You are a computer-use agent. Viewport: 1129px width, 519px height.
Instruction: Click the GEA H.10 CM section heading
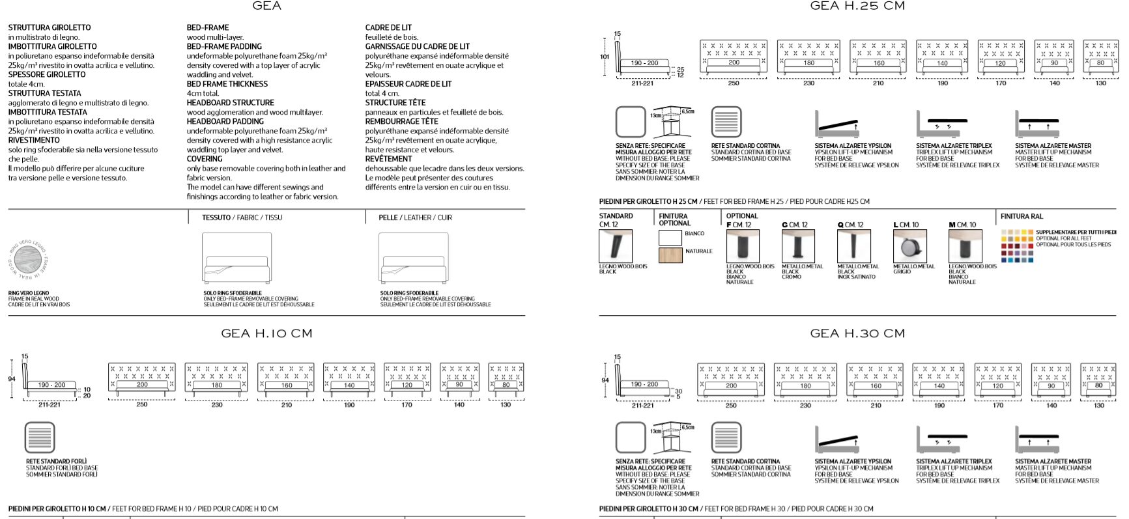coord(266,333)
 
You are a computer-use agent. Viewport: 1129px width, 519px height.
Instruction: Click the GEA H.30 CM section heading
coord(857,333)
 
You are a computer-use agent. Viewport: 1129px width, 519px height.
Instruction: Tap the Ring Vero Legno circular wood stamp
coord(28,260)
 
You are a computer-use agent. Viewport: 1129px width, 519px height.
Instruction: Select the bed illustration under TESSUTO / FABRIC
coord(236,259)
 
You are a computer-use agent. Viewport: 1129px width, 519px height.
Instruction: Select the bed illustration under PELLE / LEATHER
coord(414,259)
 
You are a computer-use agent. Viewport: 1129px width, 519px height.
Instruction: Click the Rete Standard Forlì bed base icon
coord(40,438)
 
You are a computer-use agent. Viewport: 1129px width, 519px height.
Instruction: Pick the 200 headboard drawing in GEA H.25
coord(734,57)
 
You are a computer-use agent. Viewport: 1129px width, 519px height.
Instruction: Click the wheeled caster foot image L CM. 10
coord(909,247)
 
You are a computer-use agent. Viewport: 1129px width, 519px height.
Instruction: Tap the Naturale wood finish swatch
coord(670,255)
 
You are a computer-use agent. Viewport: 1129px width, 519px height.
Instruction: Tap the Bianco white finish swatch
coord(670,237)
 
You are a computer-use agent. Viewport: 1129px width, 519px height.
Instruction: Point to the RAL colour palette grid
coord(1017,246)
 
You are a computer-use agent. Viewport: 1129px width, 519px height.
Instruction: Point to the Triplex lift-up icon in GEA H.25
coord(941,124)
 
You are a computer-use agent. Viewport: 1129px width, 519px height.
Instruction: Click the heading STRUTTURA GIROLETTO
coord(50,28)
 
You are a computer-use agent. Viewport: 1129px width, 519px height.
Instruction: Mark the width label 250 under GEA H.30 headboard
coord(731,406)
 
